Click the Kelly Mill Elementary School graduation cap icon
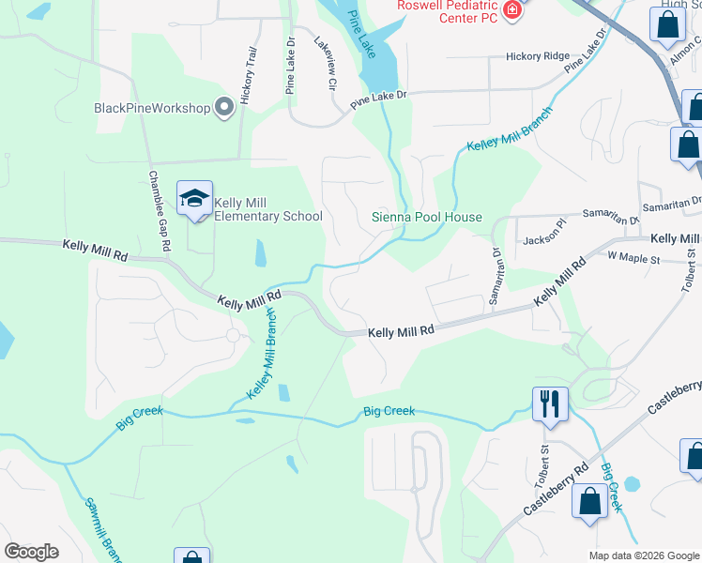tap(194, 199)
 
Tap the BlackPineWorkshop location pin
tap(224, 108)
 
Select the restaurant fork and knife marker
tap(549, 404)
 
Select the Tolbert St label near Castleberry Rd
tap(543, 452)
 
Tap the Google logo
tap(31, 552)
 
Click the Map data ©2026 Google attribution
tap(643, 555)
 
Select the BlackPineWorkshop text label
tap(152, 108)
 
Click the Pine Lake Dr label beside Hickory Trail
tap(290, 66)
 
